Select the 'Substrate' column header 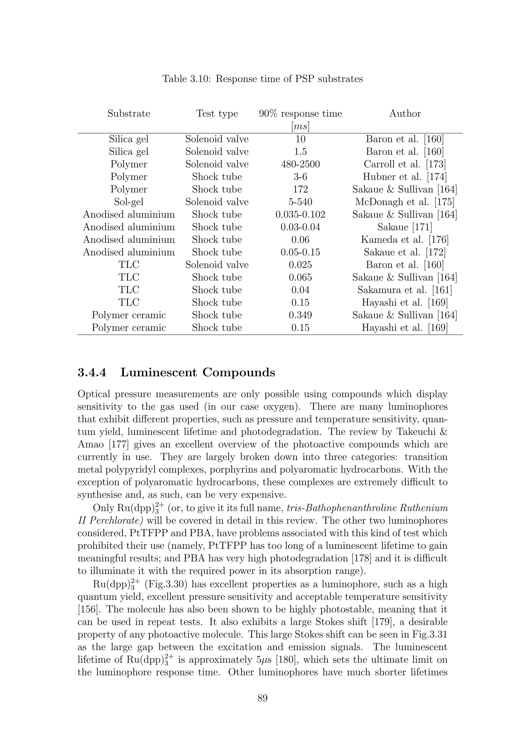(x=129, y=114)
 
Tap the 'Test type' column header (x=217, y=114)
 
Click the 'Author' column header (x=405, y=114)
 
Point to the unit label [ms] (x=300, y=127)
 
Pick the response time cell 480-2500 (x=300, y=164)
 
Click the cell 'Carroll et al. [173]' (x=405, y=164)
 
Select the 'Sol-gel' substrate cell (x=129, y=202)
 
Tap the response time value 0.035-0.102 (x=300, y=214)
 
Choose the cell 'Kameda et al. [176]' (x=405, y=240)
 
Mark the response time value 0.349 (x=300, y=315)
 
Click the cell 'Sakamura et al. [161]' (x=405, y=290)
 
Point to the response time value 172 (x=300, y=189)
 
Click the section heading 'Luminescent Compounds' (x=198, y=373)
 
